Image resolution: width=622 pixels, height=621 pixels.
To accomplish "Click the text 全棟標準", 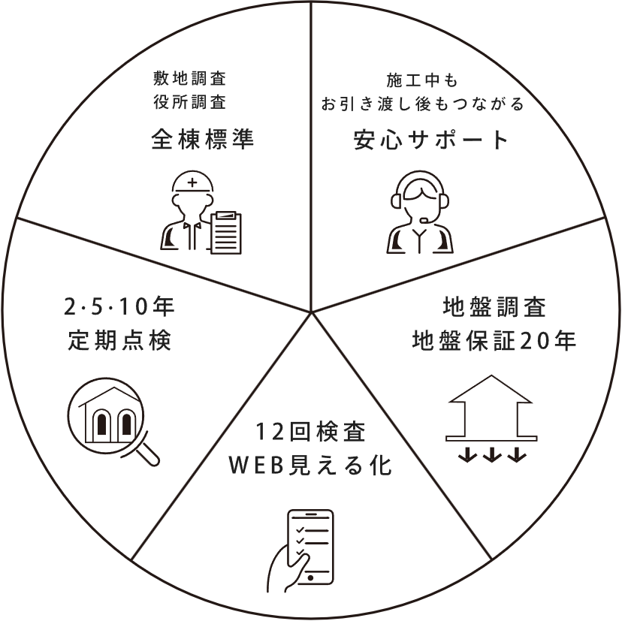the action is tap(201, 140).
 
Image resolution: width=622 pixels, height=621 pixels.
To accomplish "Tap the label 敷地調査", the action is tap(189, 78).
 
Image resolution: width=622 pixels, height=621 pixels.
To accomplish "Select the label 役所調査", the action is tap(189, 101).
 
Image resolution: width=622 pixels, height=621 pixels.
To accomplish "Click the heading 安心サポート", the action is tap(431, 140).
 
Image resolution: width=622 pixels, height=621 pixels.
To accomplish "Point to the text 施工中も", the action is tap(421, 80).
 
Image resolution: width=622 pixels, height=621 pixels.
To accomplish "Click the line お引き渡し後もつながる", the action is tap(422, 104).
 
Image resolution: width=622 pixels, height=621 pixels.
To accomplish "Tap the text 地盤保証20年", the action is tap(494, 341).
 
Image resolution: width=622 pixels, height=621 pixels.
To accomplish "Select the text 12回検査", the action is tap(309, 433).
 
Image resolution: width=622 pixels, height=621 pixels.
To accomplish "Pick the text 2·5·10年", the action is tap(119, 307).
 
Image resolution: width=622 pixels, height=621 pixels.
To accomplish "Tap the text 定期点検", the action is tap(119, 341).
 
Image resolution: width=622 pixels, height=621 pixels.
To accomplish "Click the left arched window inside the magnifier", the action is tap(101, 424).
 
